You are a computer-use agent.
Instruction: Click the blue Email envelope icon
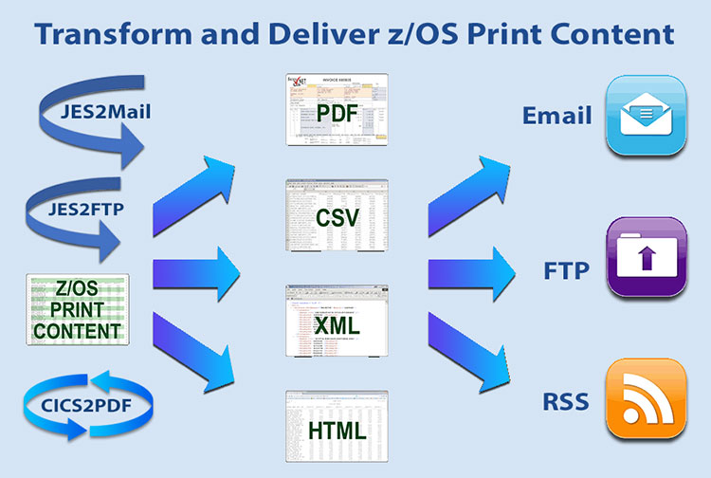click(647, 117)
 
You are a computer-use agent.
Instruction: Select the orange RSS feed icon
click(647, 401)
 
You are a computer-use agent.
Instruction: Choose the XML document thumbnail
click(338, 323)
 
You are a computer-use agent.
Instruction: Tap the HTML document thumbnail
click(338, 428)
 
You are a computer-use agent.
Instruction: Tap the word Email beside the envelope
click(556, 116)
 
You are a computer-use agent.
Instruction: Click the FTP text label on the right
click(567, 270)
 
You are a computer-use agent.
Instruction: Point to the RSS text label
click(567, 403)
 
